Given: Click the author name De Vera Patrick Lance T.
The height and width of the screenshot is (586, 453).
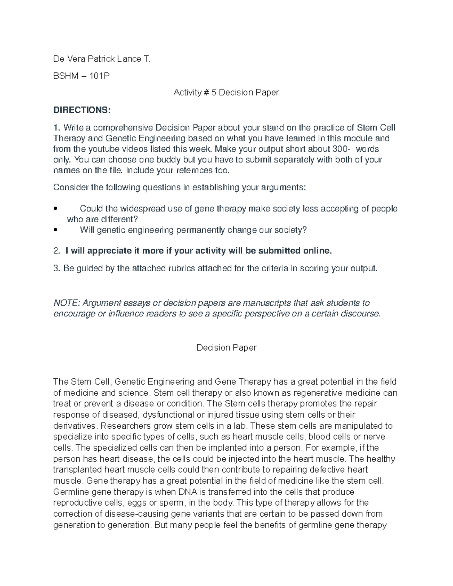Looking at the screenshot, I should pos(102,59).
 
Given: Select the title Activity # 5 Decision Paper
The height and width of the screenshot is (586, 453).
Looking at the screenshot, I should pos(226,92).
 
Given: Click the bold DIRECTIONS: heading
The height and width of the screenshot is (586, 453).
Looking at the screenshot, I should pos(82,110).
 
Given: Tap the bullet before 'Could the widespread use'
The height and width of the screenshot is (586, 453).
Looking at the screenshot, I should pos(56,209).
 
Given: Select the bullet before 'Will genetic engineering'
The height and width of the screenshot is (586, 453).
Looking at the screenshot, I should pos(56,230).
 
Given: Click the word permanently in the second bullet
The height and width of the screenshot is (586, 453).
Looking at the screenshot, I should pos(200,230).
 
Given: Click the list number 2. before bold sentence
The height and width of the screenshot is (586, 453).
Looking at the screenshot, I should pos(57,251).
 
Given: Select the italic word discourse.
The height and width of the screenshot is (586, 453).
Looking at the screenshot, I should pos(361,314).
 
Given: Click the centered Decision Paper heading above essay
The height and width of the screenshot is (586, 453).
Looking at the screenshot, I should pos(226,348).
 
